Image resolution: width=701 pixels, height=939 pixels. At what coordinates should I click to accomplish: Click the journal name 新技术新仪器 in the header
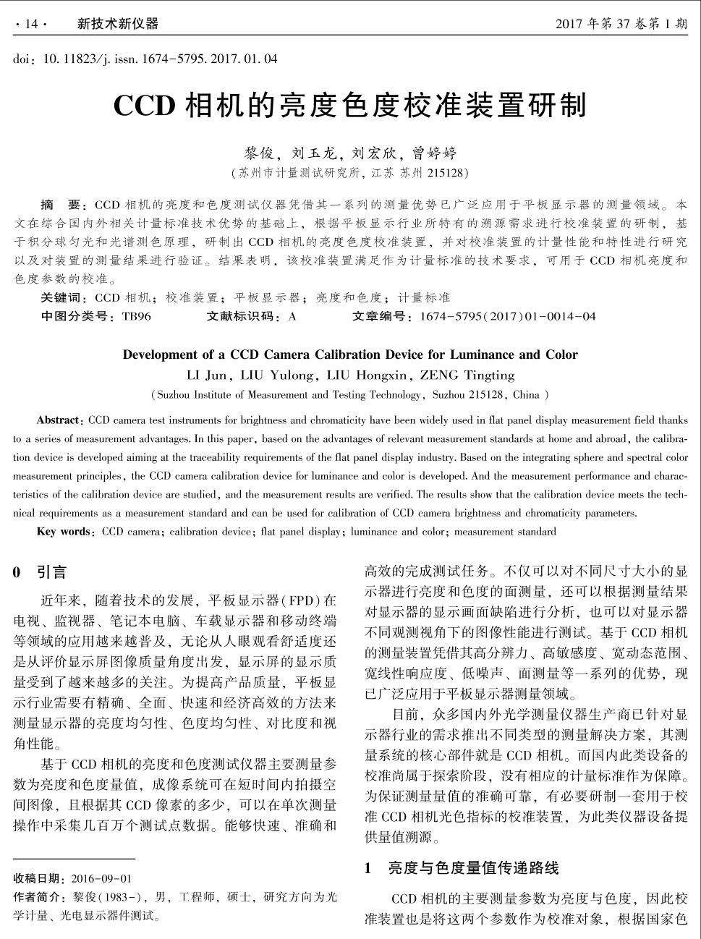click(x=117, y=24)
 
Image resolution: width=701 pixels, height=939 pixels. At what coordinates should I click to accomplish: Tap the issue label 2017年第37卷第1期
click(x=621, y=24)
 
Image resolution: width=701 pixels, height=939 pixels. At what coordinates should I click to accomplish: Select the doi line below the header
click(x=145, y=59)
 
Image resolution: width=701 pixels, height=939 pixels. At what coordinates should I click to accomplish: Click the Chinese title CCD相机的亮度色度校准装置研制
click(x=350, y=106)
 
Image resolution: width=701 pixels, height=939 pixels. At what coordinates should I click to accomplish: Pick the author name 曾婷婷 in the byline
click(x=434, y=153)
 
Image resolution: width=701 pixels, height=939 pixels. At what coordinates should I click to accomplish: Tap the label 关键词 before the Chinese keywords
click(x=64, y=297)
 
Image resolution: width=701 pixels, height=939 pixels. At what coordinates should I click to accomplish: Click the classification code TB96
click(x=137, y=316)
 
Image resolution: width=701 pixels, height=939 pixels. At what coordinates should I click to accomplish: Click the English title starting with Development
click(x=350, y=354)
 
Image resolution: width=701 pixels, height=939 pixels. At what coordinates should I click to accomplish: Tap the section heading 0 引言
click(x=40, y=573)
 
